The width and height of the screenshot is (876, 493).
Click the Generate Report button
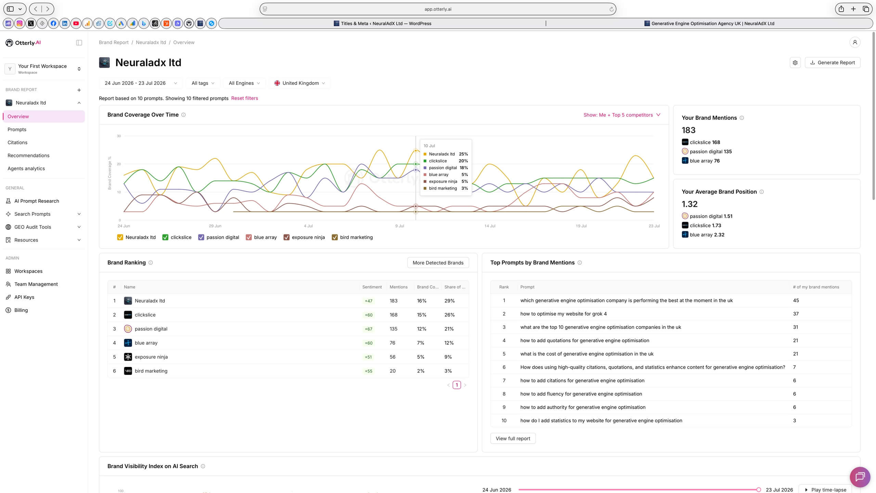(832, 63)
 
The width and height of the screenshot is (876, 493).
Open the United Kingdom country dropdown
(300, 83)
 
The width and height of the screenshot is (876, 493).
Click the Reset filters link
(244, 98)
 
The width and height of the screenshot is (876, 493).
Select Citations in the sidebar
(17, 142)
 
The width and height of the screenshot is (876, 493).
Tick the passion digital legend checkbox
(201, 237)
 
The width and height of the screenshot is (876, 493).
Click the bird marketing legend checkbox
(335, 237)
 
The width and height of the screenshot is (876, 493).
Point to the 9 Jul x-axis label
(400, 226)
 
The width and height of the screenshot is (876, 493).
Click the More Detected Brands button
(438, 263)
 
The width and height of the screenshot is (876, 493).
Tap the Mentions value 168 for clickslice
(394, 315)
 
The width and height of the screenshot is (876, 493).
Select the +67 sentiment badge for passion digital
(369, 329)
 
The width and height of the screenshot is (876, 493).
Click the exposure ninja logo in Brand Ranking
(128, 357)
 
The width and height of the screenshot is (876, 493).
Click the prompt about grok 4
(563, 314)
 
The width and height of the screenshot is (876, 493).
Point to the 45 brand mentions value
(796, 300)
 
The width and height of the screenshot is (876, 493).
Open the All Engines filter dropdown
(244, 83)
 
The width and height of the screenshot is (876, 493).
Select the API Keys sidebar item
(24, 297)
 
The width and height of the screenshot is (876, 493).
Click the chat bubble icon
(860, 477)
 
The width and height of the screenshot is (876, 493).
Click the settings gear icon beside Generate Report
(795, 63)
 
